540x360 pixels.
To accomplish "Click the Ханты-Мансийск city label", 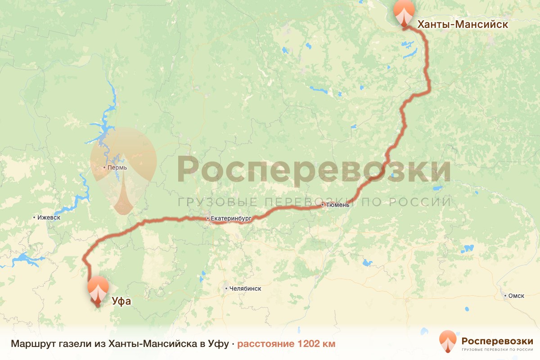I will coord(463,25).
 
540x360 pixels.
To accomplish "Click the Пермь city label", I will coord(117,167).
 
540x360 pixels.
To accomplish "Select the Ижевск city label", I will coord(49,217).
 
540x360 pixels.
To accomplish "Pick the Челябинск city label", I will coord(245,288).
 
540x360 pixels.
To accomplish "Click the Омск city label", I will coord(516,296).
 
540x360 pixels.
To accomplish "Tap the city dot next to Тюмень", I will coord(323,205).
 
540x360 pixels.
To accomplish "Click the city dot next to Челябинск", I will coord(226,288).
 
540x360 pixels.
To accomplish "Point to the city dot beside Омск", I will coord(504,296).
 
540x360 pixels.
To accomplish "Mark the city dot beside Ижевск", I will coord(34,217).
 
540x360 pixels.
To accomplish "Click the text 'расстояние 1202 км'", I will coord(286,344).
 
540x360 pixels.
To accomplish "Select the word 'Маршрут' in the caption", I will coord(30,344).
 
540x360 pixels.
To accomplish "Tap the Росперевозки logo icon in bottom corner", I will coord(448,341).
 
